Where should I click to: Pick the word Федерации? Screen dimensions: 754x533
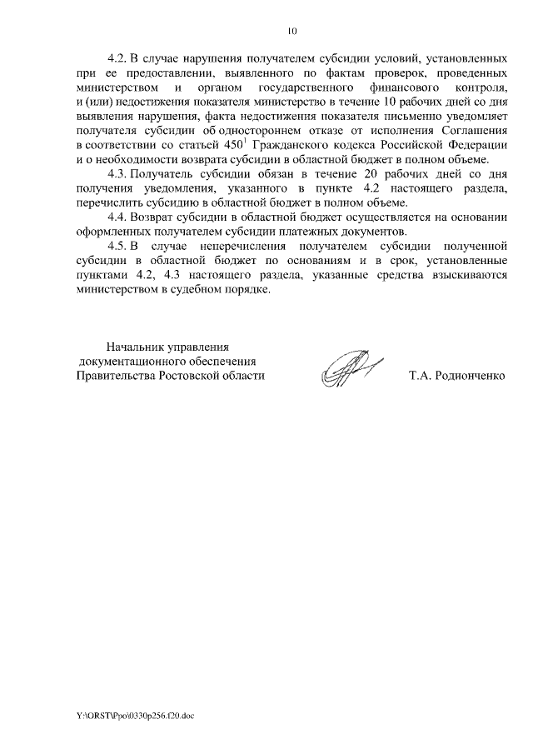click(x=471, y=145)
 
